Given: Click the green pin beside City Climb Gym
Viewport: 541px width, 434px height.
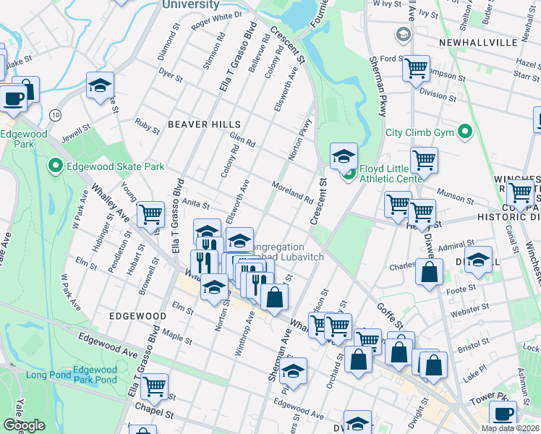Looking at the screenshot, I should pos(466,132).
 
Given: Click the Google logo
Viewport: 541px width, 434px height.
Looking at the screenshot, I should pos(24,425).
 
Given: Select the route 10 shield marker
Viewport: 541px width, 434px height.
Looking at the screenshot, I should pos(55,115).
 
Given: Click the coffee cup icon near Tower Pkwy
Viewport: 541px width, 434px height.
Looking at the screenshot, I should pos(503,413).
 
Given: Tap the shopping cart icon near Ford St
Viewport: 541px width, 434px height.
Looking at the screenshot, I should pos(417,69).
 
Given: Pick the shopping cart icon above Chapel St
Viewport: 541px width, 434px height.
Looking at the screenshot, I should pos(154,386).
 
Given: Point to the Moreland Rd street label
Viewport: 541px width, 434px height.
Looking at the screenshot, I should pos(292,192).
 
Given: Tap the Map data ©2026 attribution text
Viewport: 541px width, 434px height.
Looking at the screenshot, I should pos(510,428).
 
